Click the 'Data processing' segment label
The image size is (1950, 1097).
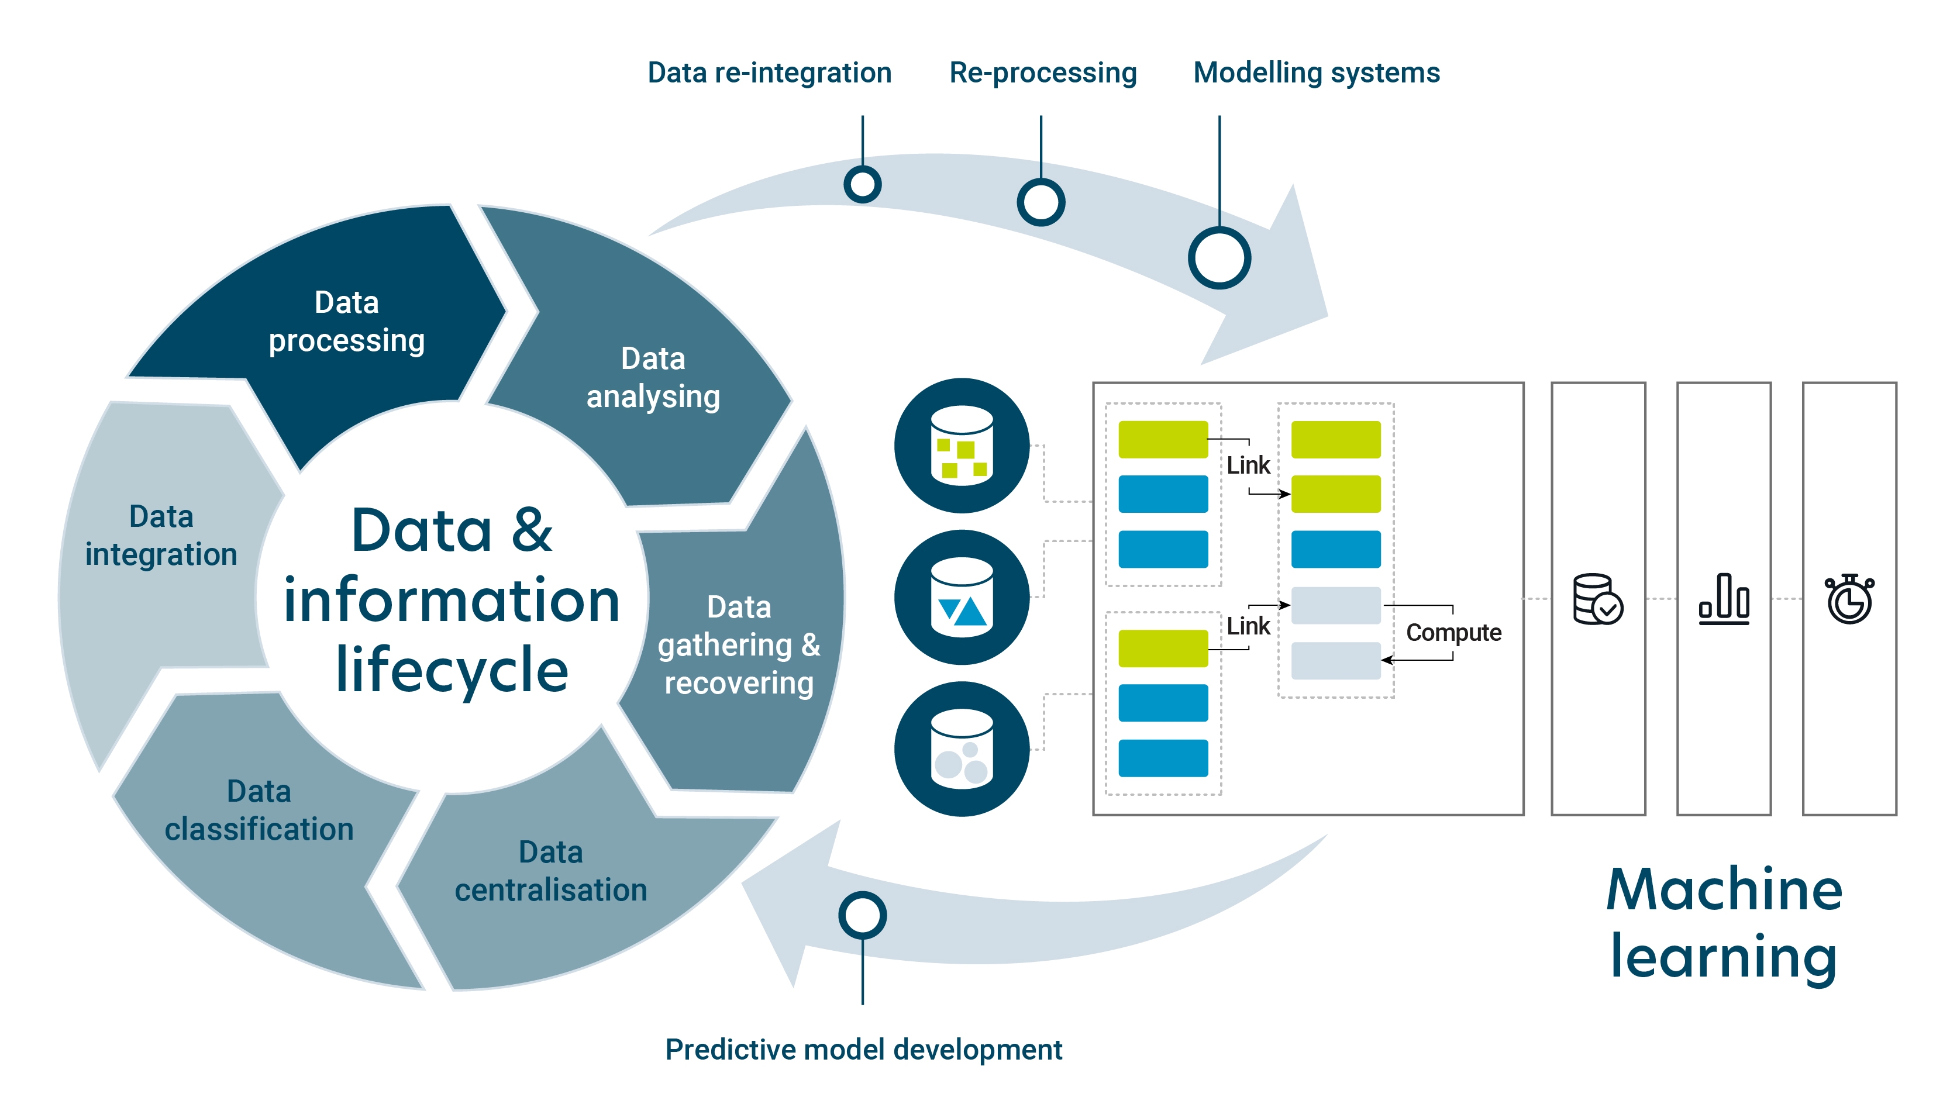pos(347,322)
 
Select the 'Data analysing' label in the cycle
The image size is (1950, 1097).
pos(653,378)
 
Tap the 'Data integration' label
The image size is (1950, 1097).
pos(161,535)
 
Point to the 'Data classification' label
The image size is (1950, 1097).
pos(259,810)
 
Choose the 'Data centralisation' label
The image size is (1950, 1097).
pos(551,871)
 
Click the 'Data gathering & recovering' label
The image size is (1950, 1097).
pos(739,645)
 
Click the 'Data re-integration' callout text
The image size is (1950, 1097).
pos(770,73)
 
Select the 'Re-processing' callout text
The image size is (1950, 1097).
pos(1043,73)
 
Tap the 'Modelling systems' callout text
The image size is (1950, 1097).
pos(1317,73)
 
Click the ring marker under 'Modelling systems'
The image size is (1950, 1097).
pos(1219,258)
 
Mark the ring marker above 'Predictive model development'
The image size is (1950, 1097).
pos(862,915)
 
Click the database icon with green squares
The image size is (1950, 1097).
pos(962,445)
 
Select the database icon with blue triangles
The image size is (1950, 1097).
pos(962,598)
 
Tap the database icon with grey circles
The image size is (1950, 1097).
pos(962,748)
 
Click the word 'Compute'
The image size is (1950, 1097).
pos(1453,633)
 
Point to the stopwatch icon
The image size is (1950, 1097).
pos(1849,599)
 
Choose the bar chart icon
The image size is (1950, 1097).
pos(1724,599)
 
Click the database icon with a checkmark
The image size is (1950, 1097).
pos(1597,599)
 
